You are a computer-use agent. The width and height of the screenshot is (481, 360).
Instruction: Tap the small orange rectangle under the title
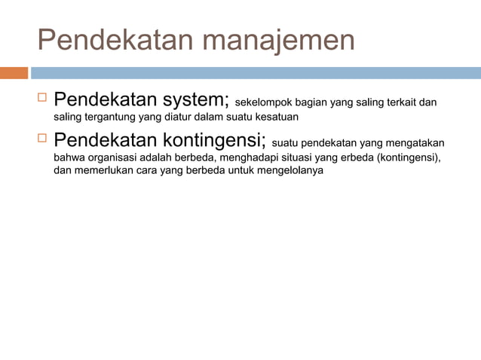click(14, 73)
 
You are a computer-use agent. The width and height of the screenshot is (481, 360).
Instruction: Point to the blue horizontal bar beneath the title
click(256, 73)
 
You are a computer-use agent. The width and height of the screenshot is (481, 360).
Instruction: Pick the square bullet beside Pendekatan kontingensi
click(42, 139)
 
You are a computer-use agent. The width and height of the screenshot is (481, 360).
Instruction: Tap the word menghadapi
click(247, 158)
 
